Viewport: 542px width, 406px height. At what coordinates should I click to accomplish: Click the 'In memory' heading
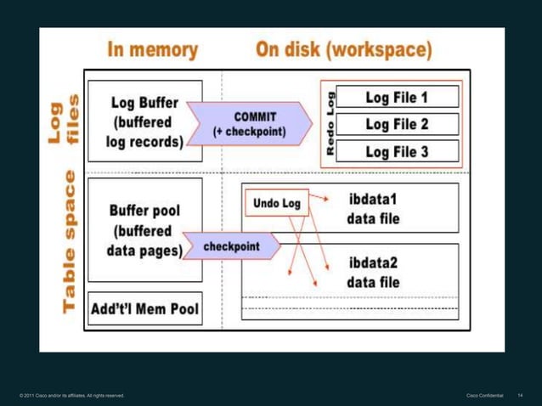tap(152, 49)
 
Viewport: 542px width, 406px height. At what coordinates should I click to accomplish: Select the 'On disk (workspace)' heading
tap(343, 49)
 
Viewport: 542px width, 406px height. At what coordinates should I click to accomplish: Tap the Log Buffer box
tap(145, 121)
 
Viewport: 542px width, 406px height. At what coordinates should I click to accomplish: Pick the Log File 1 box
tap(397, 98)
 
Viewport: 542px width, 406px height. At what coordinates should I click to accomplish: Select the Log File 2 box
tap(397, 124)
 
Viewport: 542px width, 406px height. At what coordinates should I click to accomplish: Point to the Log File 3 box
tap(397, 151)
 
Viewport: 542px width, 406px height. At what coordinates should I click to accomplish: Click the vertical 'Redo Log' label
tap(331, 124)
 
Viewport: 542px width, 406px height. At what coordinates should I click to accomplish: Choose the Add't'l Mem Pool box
tap(145, 308)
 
